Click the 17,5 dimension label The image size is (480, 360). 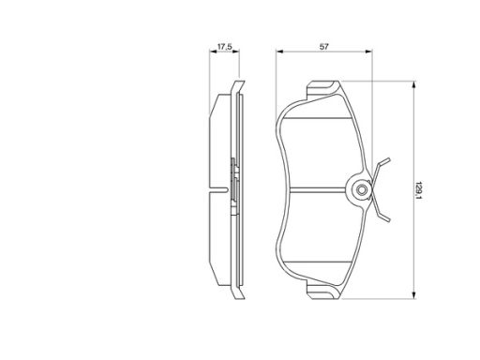click(x=224, y=47)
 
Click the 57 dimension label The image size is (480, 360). click(x=324, y=47)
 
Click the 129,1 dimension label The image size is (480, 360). click(x=418, y=190)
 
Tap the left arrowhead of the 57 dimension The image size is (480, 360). click(x=279, y=52)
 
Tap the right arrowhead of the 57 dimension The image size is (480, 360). click(x=368, y=52)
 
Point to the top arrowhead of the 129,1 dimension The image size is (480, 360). click(x=413, y=85)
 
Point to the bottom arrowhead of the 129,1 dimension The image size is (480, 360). click(x=413, y=294)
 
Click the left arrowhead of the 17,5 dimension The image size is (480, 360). click(x=213, y=52)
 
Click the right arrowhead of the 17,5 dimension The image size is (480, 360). click(x=235, y=52)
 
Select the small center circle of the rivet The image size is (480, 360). click(x=362, y=189)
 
